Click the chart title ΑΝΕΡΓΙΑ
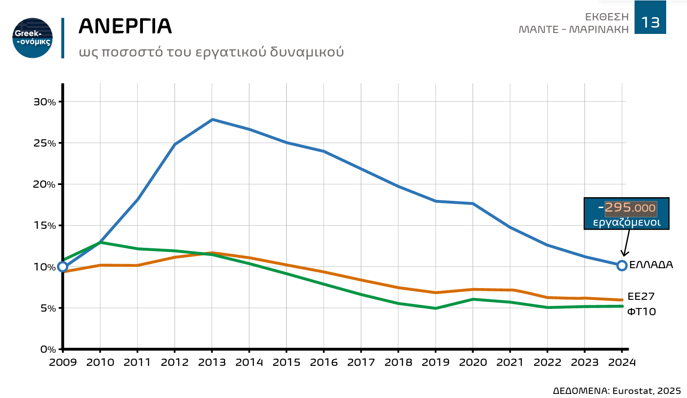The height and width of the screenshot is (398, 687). (x=125, y=26)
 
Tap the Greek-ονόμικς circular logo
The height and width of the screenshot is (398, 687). (x=33, y=38)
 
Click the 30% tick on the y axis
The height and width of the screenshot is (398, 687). (x=45, y=102)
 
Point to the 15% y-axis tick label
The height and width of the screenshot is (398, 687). (x=45, y=226)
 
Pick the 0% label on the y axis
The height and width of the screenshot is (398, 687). (x=48, y=350)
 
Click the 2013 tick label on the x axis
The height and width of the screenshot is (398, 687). (x=212, y=363)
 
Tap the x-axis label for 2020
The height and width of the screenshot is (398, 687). (x=473, y=363)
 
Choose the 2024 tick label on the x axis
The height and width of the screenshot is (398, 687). (x=622, y=363)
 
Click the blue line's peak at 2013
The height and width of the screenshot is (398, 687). (x=212, y=119)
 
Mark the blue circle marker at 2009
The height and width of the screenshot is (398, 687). (x=63, y=266)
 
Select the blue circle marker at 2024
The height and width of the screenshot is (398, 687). (x=622, y=265)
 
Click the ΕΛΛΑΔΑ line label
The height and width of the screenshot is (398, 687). (x=651, y=265)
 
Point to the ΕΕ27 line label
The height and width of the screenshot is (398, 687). (x=641, y=297)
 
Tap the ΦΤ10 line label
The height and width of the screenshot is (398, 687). (x=641, y=312)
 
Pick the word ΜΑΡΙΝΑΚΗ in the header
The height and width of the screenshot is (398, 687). (x=599, y=30)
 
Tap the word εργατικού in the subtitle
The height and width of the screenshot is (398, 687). (x=231, y=52)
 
